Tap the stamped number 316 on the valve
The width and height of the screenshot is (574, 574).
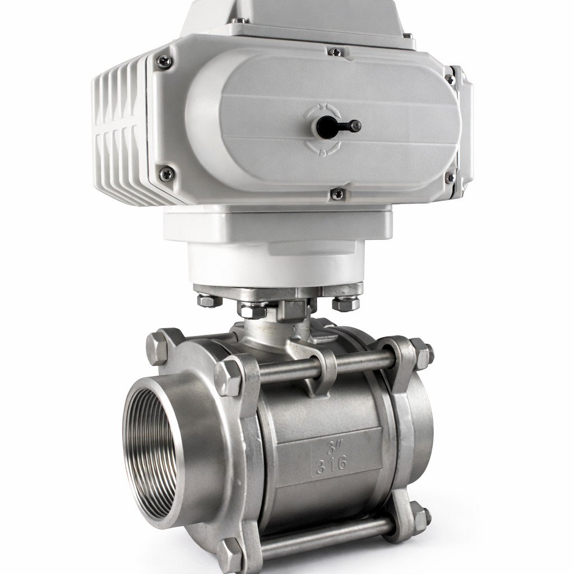[331, 465]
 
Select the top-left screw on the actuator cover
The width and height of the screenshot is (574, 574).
[163, 61]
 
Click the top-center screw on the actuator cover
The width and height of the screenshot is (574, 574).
[335, 52]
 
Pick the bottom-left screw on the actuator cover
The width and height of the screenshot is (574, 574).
[166, 174]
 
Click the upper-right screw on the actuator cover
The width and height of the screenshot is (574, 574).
[450, 79]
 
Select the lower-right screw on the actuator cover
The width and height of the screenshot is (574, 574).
[449, 178]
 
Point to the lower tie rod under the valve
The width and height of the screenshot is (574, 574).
[325, 536]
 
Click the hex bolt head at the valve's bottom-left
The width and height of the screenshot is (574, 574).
[230, 556]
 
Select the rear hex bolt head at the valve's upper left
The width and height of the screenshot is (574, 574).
[158, 346]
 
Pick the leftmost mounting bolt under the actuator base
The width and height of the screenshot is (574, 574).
[209, 300]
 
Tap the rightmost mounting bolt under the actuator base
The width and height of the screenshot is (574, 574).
[345, 303]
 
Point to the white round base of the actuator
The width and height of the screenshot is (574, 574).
[275, 263]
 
